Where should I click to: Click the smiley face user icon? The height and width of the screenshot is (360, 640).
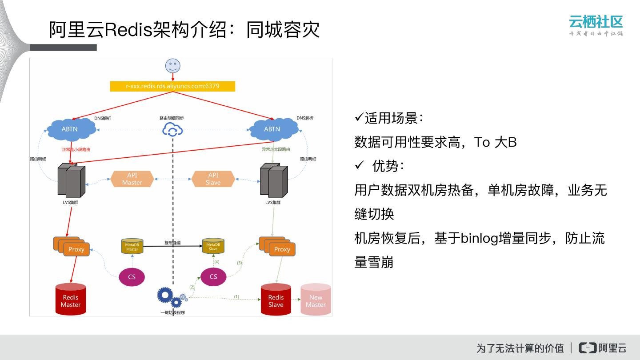click(173, 66)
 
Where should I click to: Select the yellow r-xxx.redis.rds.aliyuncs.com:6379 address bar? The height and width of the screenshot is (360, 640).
click(172, 86)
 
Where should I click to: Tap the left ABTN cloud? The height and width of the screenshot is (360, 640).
click(71, 129)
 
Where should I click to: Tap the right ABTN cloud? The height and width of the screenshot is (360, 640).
click(273, 129)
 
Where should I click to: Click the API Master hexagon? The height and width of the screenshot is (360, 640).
click(132, 179)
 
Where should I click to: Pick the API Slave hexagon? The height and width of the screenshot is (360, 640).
click(213, 179)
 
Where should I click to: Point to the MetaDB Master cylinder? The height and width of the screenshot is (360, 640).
click(132, 246)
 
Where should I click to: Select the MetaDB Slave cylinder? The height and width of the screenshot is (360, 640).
click(213, 246)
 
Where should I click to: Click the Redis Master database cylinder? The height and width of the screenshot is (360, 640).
click(71, 300)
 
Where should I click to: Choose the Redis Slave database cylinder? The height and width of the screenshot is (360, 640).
click(276, 300)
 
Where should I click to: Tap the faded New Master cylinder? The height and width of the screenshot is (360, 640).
click(316, 300)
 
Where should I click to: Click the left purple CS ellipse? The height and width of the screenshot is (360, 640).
click(132, 277)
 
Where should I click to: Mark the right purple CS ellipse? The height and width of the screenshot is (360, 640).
click(213, 277)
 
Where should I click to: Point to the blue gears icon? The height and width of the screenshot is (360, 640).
click(170, 297)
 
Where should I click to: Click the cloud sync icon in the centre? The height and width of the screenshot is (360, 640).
click(173, 130)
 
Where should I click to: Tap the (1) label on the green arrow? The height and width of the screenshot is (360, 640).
click(236, 296)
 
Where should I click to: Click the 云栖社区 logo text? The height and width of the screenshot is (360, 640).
click(596, 21)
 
